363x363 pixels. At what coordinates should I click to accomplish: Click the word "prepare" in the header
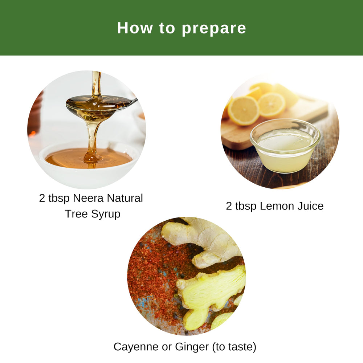click(x=214, y=29)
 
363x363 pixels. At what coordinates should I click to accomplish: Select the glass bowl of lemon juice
click(x=285, y=149)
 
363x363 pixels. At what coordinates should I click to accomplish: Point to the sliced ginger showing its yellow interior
click(x=211, y=290)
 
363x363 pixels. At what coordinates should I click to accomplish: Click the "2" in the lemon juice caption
click(x=229, y=206)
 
